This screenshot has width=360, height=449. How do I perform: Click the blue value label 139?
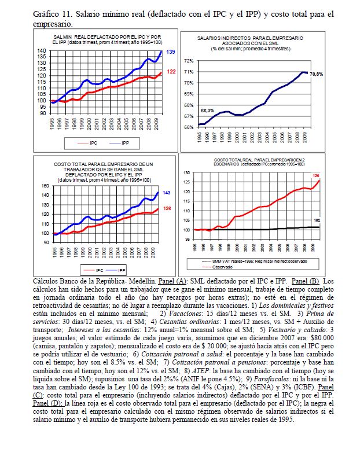(171, 52)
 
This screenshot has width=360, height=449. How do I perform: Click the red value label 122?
(171, 72)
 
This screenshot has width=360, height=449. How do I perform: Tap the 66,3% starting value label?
(208, 110)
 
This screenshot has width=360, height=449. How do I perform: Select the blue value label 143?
(166, 193)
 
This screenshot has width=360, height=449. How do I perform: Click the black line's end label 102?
(317, 220)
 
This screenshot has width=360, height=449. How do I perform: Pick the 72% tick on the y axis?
(189, 61)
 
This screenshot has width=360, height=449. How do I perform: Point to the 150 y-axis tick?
(46, 186)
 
